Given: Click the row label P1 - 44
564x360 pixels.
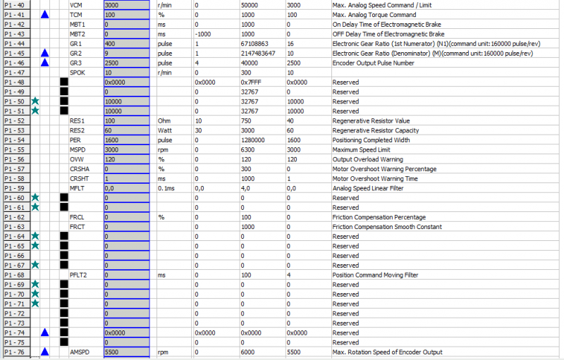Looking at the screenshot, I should point(15,43).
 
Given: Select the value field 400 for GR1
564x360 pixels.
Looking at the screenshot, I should point(127,43).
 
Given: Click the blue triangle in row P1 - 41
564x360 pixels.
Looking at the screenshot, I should point(45,14).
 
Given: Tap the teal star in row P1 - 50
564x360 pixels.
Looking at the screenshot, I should point(35,101).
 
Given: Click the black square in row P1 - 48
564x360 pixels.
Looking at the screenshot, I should point(64,82).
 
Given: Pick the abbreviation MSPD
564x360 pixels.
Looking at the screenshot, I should point(78,149).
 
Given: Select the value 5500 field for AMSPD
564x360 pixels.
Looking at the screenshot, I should point(127,352).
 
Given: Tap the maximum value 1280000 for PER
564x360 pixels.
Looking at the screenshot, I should point(254,139).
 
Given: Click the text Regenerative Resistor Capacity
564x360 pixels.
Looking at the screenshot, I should point(376,130).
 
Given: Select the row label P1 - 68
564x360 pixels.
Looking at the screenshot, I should point(15,275).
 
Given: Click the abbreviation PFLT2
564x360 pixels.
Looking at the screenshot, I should point(79,275).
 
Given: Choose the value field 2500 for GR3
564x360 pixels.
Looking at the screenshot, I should point(127,63).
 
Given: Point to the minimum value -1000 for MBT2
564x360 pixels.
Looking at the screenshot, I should point(203,34).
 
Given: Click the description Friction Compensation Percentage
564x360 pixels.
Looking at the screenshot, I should point(379,217).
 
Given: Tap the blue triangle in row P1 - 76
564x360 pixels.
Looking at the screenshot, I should point(45,352).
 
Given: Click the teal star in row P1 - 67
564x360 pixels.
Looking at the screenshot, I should point(35,265).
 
